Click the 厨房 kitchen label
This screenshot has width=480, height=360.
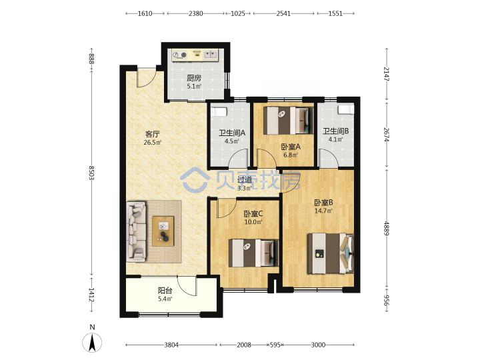[x=194, y=78]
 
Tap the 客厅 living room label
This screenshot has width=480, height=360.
[x=153, y=134]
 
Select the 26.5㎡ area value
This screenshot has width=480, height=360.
[x=153, y=143]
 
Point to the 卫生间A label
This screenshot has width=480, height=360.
[x=232, y=133]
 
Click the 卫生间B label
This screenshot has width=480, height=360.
[x=336, y=131]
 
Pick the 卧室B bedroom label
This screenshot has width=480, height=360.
[x=323, y=203]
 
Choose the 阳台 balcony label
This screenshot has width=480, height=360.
[x=165, y=290]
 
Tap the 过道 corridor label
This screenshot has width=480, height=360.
[x=245, y=180]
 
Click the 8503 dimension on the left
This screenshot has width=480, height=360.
[x=91, y=173]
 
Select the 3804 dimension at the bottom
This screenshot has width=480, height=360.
[x=171, y=345]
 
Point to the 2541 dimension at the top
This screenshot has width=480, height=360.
[x=283, y=13]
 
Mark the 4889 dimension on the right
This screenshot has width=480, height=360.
[x=387, y=229]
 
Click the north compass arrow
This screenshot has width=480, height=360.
[x=92, y=343]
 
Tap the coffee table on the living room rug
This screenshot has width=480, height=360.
[x=163, y=231]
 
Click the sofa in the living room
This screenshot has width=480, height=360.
[x=137, y=231]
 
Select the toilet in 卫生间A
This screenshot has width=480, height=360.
[x=219, y=111]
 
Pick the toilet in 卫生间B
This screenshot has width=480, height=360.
[x=345, y=109]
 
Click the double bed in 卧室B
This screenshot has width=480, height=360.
[x=331, y=253]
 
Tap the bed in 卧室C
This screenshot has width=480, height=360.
[x=254, y=253]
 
